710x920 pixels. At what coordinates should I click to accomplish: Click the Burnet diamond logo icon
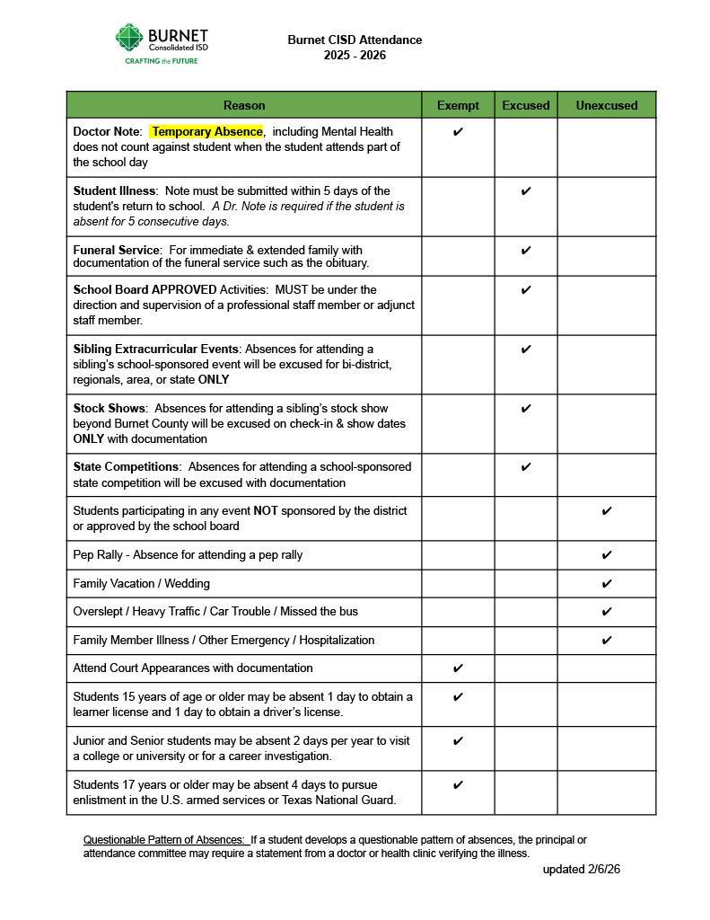tap(129, 38)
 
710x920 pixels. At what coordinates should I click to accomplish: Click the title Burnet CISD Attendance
tap(355, 40)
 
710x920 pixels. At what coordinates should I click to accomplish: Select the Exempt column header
tap(458, 105)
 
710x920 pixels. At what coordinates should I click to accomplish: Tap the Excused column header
tap(525, 105)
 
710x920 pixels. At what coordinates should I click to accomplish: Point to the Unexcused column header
tap(607, 105)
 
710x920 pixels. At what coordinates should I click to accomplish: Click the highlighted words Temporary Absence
tap(207, 131)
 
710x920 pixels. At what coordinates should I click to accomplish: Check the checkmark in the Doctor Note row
tap(458, 132)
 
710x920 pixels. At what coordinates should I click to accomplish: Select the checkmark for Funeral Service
tap(526, 251)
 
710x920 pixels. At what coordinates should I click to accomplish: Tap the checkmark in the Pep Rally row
tap(607, 555)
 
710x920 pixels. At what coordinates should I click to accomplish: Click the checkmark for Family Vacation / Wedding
tap(607, 584)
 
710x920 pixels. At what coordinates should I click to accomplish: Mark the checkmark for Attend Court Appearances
tap(458, 668)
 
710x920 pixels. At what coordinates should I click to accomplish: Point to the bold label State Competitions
tap(126, 467)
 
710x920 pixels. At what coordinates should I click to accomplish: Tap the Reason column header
tap(244, 105)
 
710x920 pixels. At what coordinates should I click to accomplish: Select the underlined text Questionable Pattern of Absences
tap(163, 840)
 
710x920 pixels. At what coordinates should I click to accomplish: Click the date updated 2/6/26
tap(581, 870)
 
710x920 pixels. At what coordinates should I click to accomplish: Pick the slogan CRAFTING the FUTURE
tap(161, 61)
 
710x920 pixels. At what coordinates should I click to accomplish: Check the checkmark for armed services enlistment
tap(458, 785)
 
